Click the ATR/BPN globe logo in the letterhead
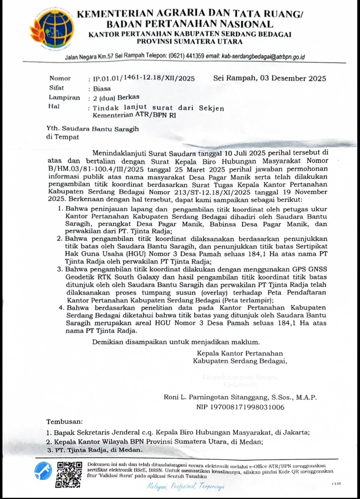coord(52,29)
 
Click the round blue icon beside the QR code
coord(43,472)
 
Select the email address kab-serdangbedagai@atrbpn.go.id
coord(263,57)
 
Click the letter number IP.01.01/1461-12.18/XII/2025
coord(144,79)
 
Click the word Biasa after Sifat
coord(102,88)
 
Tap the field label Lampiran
coord(64,97)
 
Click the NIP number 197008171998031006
coord(247,407)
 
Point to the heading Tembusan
coord(64,421)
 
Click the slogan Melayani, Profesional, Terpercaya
coord(185,486)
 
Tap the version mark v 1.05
coord(336,483)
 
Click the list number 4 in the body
coord(61,308)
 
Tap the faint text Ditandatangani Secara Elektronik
coord(240,381)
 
